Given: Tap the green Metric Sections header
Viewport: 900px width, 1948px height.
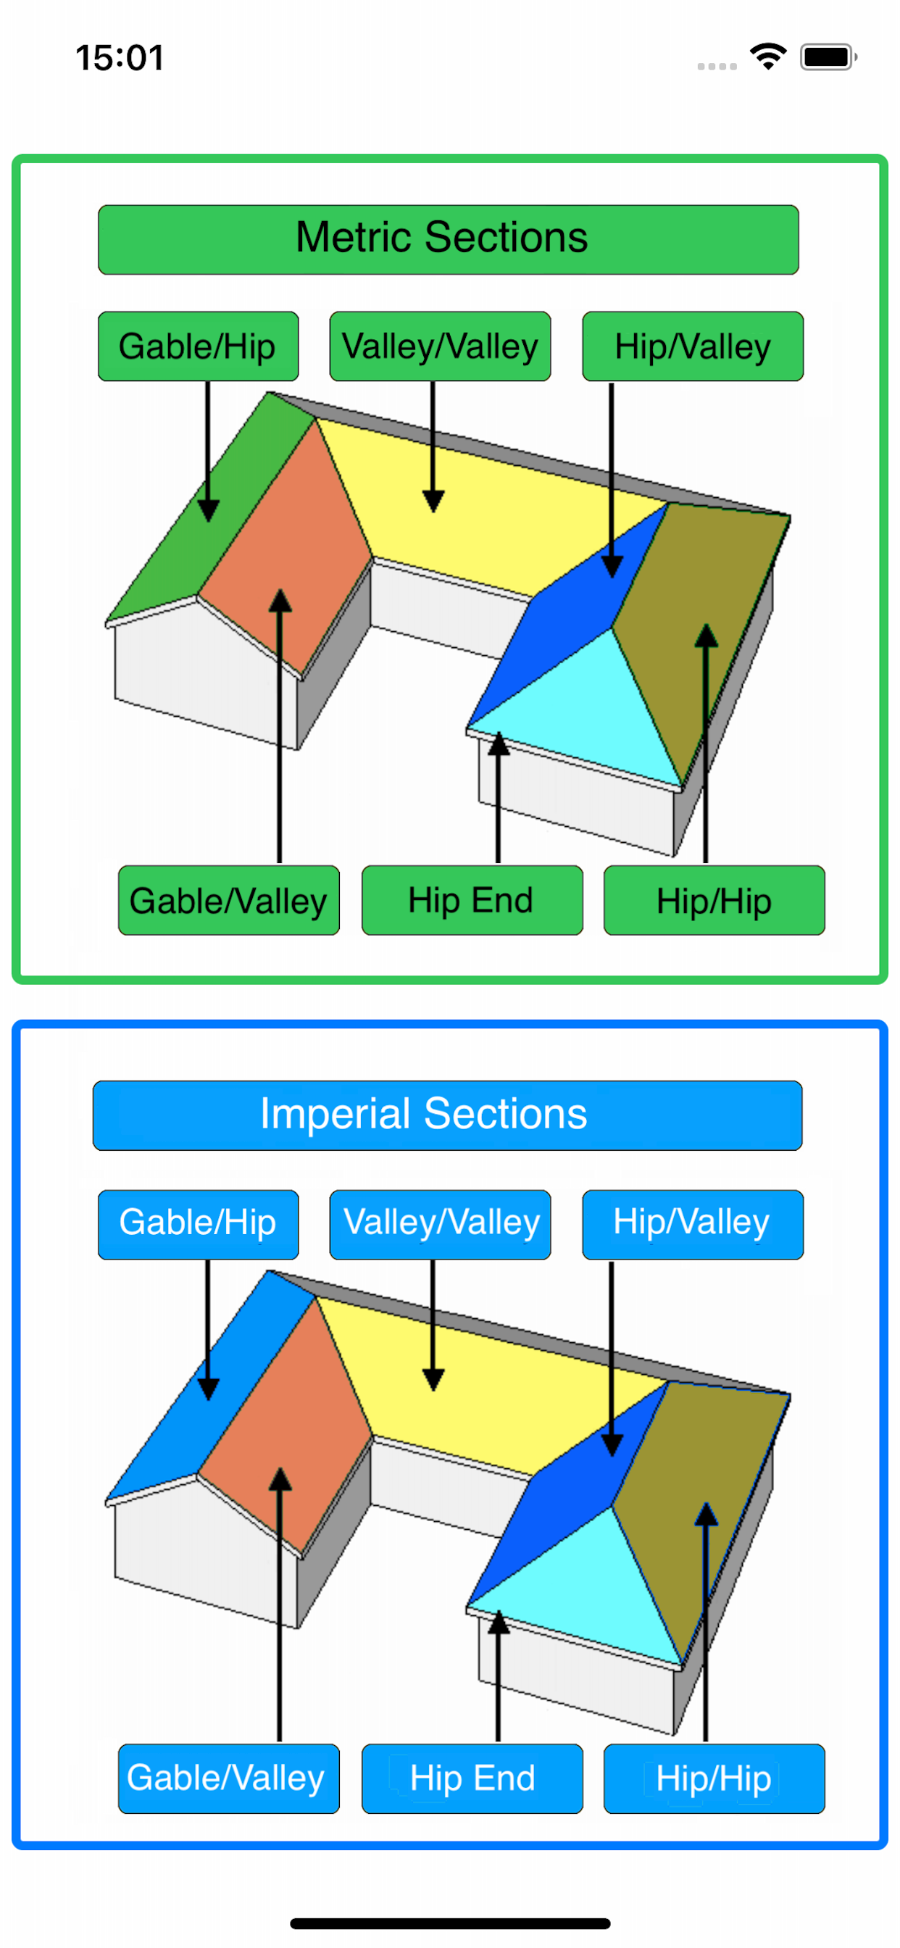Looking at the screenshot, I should [448, 239].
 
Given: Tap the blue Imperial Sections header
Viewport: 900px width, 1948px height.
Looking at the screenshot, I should [447, 1115].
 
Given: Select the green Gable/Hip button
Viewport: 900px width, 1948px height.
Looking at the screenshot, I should [198, 346].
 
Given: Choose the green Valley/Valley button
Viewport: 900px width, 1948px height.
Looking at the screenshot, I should [439, 346].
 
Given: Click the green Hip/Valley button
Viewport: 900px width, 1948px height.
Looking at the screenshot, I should [692, 346].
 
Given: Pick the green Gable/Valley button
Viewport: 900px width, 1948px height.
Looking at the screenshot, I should [228, 900].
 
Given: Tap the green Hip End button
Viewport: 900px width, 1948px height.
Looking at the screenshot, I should [472, 900].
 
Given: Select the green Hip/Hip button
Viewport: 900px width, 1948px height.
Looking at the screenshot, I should [714, 900].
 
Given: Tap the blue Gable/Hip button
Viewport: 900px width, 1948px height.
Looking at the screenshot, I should [198, 1223].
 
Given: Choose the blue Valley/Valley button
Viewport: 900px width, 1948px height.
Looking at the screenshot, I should [439, 1223].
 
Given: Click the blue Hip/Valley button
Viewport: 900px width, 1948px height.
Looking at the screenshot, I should [692, 1223].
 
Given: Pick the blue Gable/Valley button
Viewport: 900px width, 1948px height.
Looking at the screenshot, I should [228, 1778].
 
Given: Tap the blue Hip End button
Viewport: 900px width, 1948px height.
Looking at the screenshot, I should [472, 1778].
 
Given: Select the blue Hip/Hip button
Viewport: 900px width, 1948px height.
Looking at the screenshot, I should [714, 1778].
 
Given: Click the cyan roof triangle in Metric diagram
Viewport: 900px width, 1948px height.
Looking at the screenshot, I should [598, 711].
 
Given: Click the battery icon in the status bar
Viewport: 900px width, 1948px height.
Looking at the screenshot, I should [828, 57].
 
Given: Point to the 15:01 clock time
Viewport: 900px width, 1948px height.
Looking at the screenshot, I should [120, 58].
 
